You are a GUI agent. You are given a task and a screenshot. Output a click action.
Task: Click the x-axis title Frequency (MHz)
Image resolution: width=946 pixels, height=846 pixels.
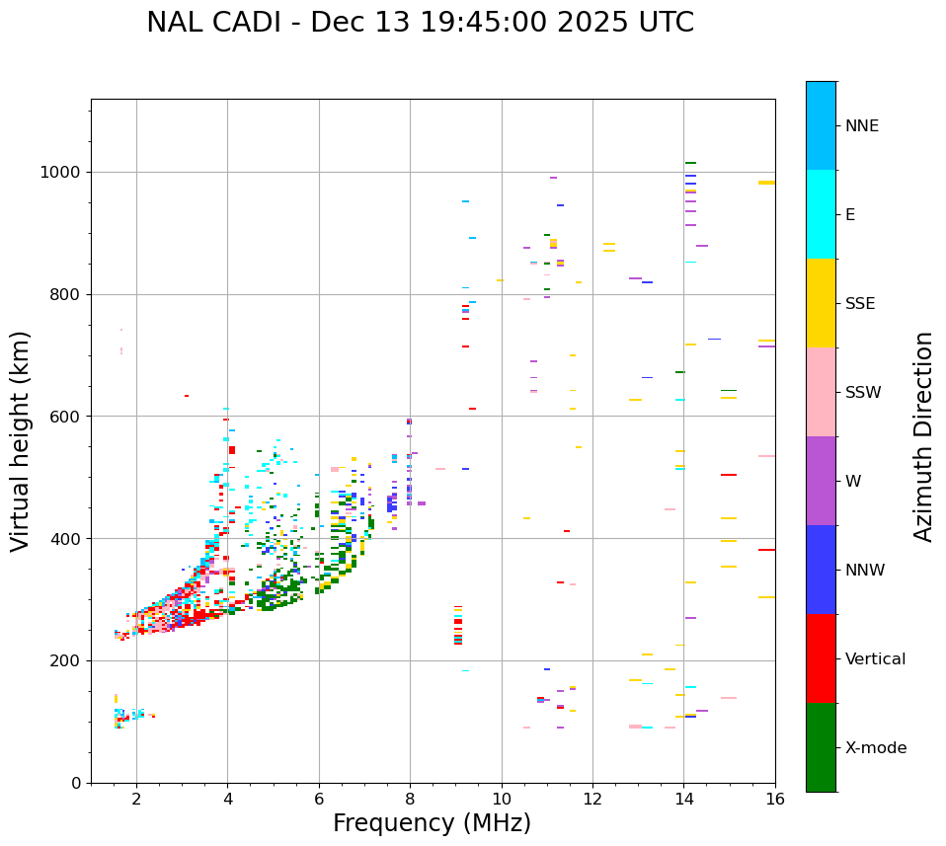(x=432, y=823)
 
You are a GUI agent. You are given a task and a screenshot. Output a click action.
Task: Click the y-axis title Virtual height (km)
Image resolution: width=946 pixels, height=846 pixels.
(x=21, y=441)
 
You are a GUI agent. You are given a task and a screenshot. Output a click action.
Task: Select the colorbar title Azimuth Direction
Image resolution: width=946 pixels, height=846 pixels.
(x=923, y=436)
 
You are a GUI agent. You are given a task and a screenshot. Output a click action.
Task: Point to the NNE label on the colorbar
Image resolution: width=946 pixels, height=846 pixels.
(x=861, y=126)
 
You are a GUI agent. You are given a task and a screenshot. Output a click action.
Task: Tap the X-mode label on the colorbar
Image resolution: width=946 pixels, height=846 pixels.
(x=875, y=748)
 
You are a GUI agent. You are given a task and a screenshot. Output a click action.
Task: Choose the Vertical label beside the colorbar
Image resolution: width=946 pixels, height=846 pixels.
(x=875, y=659)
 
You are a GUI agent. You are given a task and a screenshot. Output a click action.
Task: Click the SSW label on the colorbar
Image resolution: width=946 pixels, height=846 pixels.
(x=863, y=393)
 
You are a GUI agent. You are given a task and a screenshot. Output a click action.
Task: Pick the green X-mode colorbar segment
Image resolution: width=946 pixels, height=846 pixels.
(x=821, y=747)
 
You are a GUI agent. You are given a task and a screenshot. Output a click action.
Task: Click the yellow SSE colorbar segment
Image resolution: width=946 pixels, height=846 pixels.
(x=821, y=303)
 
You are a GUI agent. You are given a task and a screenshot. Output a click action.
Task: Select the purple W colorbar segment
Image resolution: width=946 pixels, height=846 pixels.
(x=821, y=481)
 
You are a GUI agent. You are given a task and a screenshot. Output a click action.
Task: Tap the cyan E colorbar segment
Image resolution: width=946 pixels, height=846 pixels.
(x=821, y=214)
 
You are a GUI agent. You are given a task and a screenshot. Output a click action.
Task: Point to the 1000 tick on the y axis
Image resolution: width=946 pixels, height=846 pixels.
(x=60, y=173)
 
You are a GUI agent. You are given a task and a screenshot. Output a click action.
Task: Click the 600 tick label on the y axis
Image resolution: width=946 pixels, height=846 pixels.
(x=65, y=417)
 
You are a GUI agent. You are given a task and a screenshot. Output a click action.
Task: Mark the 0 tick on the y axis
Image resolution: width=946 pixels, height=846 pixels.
(x=75, y=783)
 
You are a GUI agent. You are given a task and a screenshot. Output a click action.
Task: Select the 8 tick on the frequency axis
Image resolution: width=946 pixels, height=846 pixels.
(x=410, y=799)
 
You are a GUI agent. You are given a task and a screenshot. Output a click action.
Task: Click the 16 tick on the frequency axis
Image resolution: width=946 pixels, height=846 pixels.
(x=775, y=799)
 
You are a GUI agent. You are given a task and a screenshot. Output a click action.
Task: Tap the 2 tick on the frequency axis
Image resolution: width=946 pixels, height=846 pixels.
(x=136, y=799)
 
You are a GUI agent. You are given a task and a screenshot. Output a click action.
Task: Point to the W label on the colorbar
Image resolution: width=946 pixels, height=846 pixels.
(x=854, y=482)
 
